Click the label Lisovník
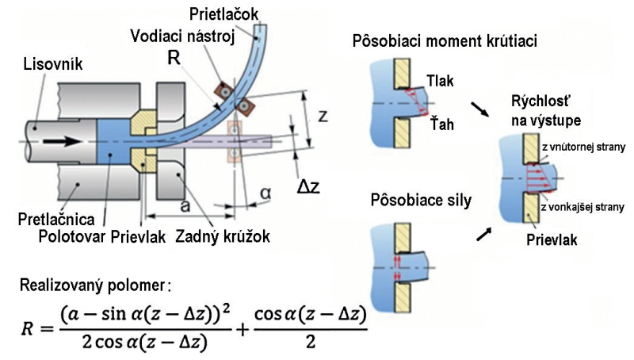pyautogui.click(x=53, y=64)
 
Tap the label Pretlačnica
pyautogui.click(x=56, y=219)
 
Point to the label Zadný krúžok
pyautogui.click(x=223, y=236)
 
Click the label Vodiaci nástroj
pyautogui.click(x=182, y=36)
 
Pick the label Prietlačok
pyautogui.click(x=223, y=14)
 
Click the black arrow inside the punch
pyautogui.click(x=61, y=142)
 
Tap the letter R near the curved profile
pyautogui.click(x=174, y=59)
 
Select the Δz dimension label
pyautogui.click(x=308, y=186)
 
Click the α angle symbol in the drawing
pyautogui.click(x=265, y=193)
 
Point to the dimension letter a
pyautogui.click(x=185, y=206)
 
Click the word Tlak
pyautogui.click(x=440, y=82)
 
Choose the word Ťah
pyautogui.click(x=441, y=124)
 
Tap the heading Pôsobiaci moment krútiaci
pyautogui.click(x=445, y=41)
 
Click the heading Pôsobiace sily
pyautogui.click(x=421, y=201)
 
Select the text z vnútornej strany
pyautogui.click(x=583, y=147)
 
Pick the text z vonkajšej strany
pyautogui.click(x=582, y=208)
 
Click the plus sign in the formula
pyautogui.click(x=243, y=331)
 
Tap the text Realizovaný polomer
pyautogui.click(x=95, y=285)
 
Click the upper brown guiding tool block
pyautogui.click(x=223, y=91)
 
